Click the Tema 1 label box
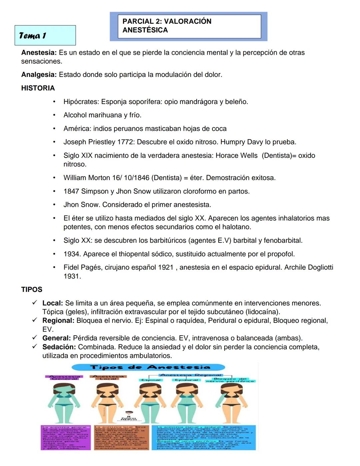click(x=45, y=35)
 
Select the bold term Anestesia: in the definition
click(x=39, y=53)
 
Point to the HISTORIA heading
click(x=38, y=88)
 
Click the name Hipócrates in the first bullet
click(x=81, y=102)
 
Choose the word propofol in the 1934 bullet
click(x=280, y=254)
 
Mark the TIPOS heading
click(x=32, y=290)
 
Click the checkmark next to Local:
click(x=34, y=303)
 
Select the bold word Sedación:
click(x=59, y=347)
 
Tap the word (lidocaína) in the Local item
click(x=263, y=312)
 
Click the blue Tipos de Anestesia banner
click(x=148, y=367)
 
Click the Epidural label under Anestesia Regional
click(x=186, y=380)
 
